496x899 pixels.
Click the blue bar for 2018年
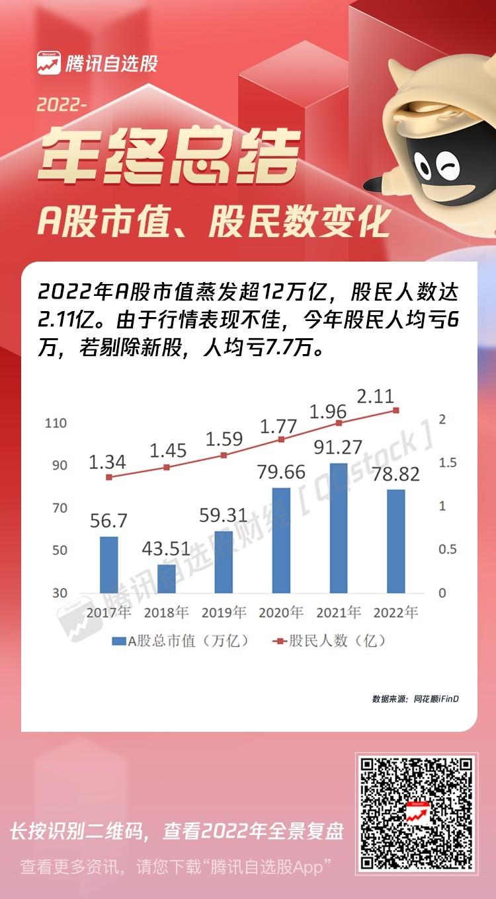click(167, 579)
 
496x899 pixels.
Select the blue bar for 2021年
click(339, 528)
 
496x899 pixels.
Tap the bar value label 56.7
click(108, 521)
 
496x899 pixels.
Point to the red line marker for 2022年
click(396, 410)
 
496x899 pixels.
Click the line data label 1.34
click(107, 462)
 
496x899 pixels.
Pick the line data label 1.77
click(278, 426)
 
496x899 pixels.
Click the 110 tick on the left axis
click(56, 423)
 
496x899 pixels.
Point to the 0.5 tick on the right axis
click(448, 550)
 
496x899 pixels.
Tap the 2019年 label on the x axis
click(224, 612)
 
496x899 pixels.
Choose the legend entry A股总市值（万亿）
click(181, 641)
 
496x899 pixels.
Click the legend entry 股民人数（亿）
click(329, 641)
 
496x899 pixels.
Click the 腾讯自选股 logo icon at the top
click(49, 63)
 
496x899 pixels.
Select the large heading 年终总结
click(169, 155)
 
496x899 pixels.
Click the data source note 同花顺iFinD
click(436, 699)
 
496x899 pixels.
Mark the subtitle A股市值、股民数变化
click(214, 222)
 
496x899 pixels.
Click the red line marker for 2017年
click(109, 477)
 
